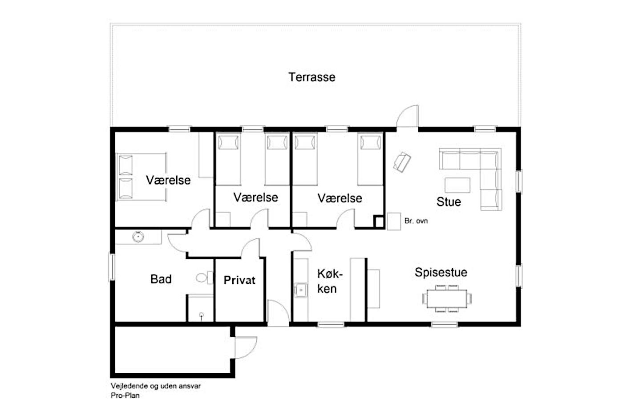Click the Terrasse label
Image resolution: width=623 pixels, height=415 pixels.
[x=312, y=77]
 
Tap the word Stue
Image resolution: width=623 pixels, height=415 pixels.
[x=449, y=202]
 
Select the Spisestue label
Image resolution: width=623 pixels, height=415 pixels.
[x=441, y=272]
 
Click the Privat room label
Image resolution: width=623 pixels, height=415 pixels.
[x=239, y=280]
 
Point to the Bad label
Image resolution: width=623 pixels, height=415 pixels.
[x=161, y=279]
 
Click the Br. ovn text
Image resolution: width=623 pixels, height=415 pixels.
[x=416, y=221]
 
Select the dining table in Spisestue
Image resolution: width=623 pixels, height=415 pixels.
[x=447, y=298]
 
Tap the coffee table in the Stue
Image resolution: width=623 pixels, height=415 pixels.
[x=457, y=185]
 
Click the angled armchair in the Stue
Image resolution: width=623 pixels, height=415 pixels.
[x=402, y=162]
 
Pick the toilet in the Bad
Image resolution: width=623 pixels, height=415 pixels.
[x=205, y=278]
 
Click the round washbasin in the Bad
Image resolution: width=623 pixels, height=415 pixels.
[x=138, y=237]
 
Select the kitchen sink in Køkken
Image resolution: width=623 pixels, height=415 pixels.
[x=301, y=290]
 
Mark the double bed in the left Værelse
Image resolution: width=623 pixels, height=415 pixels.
[x=141, y=177]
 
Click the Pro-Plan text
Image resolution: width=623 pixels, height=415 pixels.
[x=125, y=395]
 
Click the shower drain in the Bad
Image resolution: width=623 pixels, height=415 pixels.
[x=202, y=315]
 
